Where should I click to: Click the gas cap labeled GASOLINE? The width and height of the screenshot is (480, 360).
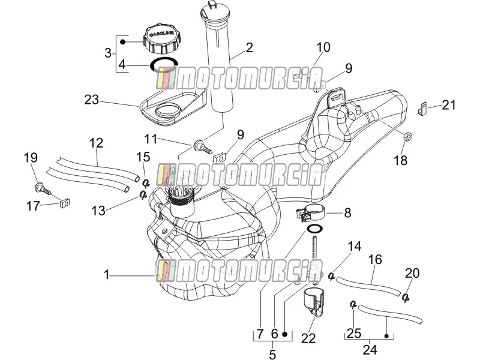[x=161, y=39]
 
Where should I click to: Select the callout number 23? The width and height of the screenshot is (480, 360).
[x=92, y=100]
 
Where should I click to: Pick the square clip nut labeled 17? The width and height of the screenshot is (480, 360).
[x=64, y=202]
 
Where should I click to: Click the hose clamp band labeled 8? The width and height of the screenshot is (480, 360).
[x=310, y=214]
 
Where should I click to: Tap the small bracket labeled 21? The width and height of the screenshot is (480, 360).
[x=423, y=108]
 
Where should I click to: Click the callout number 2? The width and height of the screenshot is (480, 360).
[x=250, y=47]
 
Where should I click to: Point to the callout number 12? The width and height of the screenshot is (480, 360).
[x=97, y=143]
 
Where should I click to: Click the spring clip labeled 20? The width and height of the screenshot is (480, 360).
[x=406, y=297]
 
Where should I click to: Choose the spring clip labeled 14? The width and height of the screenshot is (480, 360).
[x=331, y=276]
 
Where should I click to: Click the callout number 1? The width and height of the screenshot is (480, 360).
[x=106, y=275]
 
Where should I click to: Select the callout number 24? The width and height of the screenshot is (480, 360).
[x=370, y=350]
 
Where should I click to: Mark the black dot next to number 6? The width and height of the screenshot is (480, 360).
[x=284, y=334]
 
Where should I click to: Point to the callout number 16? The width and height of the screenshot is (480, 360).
[x=375, y=260]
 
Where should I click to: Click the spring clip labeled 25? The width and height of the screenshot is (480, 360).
[x=353, y=304]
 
